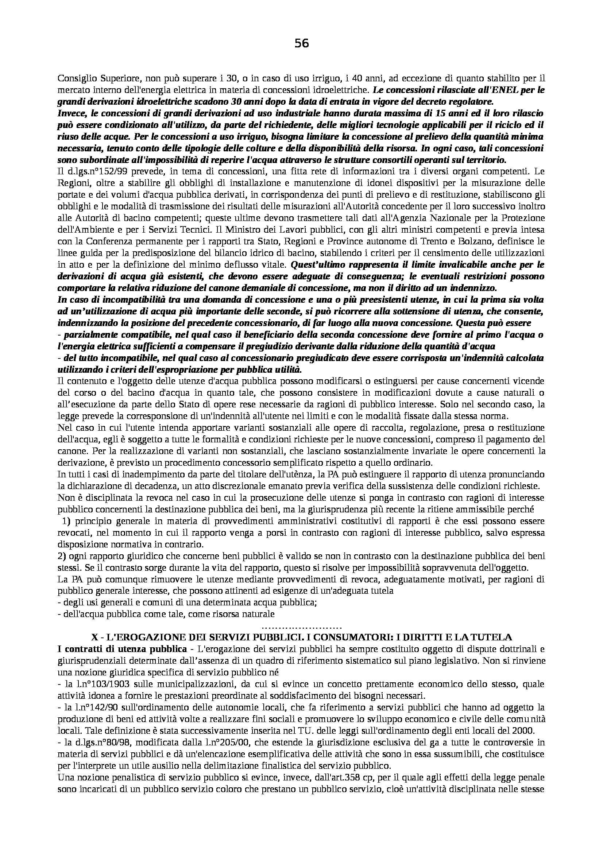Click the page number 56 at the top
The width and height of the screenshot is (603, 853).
pyautogui.click(x=301, y=44)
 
